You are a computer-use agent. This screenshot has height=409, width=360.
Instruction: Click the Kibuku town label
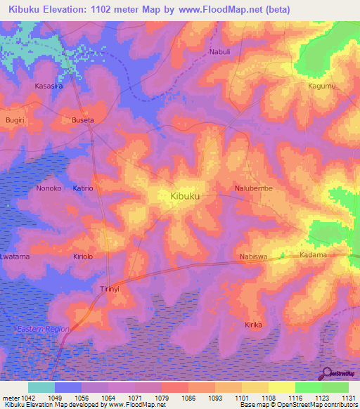(185, 197)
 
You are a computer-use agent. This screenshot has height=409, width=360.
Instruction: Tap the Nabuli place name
(219, 53)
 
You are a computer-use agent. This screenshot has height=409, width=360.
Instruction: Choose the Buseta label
(83, 120)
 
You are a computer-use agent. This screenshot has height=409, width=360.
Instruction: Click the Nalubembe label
(253, 189)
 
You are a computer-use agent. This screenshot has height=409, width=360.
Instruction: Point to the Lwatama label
(15, 257)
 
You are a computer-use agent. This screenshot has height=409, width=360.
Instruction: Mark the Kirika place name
(253, 325)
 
